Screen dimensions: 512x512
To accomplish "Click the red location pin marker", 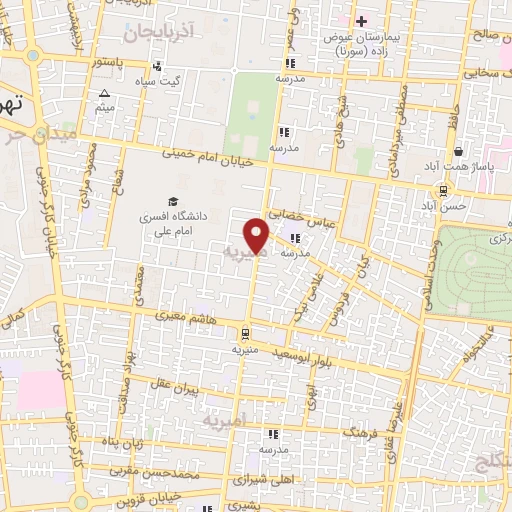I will tap(258, 236).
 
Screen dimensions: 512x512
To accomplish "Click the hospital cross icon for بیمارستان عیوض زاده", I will tap(363, 20).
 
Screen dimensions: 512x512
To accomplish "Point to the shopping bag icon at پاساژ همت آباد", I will tap(457, 151).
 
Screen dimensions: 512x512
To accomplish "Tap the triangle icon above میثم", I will tap(105, 94).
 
